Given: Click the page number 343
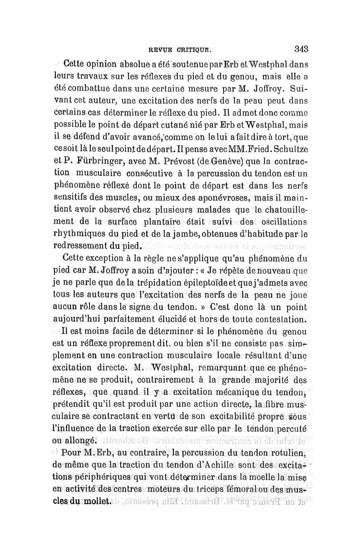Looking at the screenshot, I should [299, 49].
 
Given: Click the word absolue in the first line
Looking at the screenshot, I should [122, 64].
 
